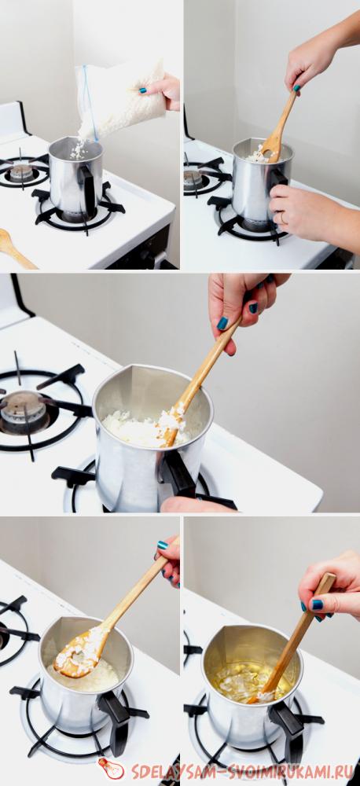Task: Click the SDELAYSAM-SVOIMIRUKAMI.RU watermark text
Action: [x=240, y=771]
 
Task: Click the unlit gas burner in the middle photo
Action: [x=23, y=407]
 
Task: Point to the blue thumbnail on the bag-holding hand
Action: [x=143, y=90]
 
